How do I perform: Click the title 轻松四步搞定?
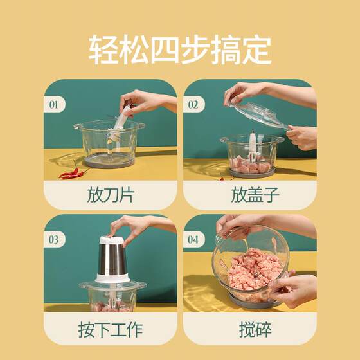pos(180,49)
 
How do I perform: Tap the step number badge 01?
pos(54,104)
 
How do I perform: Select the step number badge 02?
pos(194,104)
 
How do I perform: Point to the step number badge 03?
pos(54,239)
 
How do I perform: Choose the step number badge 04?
pos(194,239)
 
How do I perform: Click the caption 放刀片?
pos(111,195)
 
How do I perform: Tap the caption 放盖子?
pos(255,195)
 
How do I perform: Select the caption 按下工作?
pos(111,329)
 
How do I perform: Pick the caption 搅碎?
pos(255,329)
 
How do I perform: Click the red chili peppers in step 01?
pos(71,172)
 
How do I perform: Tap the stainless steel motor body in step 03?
pos(113,259)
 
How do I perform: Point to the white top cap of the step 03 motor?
pos(112,240)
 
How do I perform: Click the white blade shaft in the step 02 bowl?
pos(253,147)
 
